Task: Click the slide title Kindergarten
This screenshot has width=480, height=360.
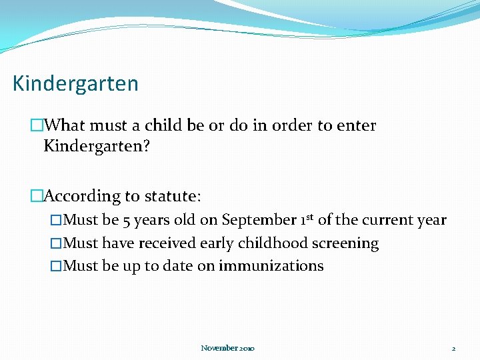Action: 75,84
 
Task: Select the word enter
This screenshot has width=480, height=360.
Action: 356,125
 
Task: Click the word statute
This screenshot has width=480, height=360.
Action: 172,196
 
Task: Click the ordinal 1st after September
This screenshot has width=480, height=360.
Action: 307,219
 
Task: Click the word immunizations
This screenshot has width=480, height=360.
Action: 271,266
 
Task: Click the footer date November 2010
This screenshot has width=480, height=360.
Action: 227,348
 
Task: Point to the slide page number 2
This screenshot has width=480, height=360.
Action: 453,348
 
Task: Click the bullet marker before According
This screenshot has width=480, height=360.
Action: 36,196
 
